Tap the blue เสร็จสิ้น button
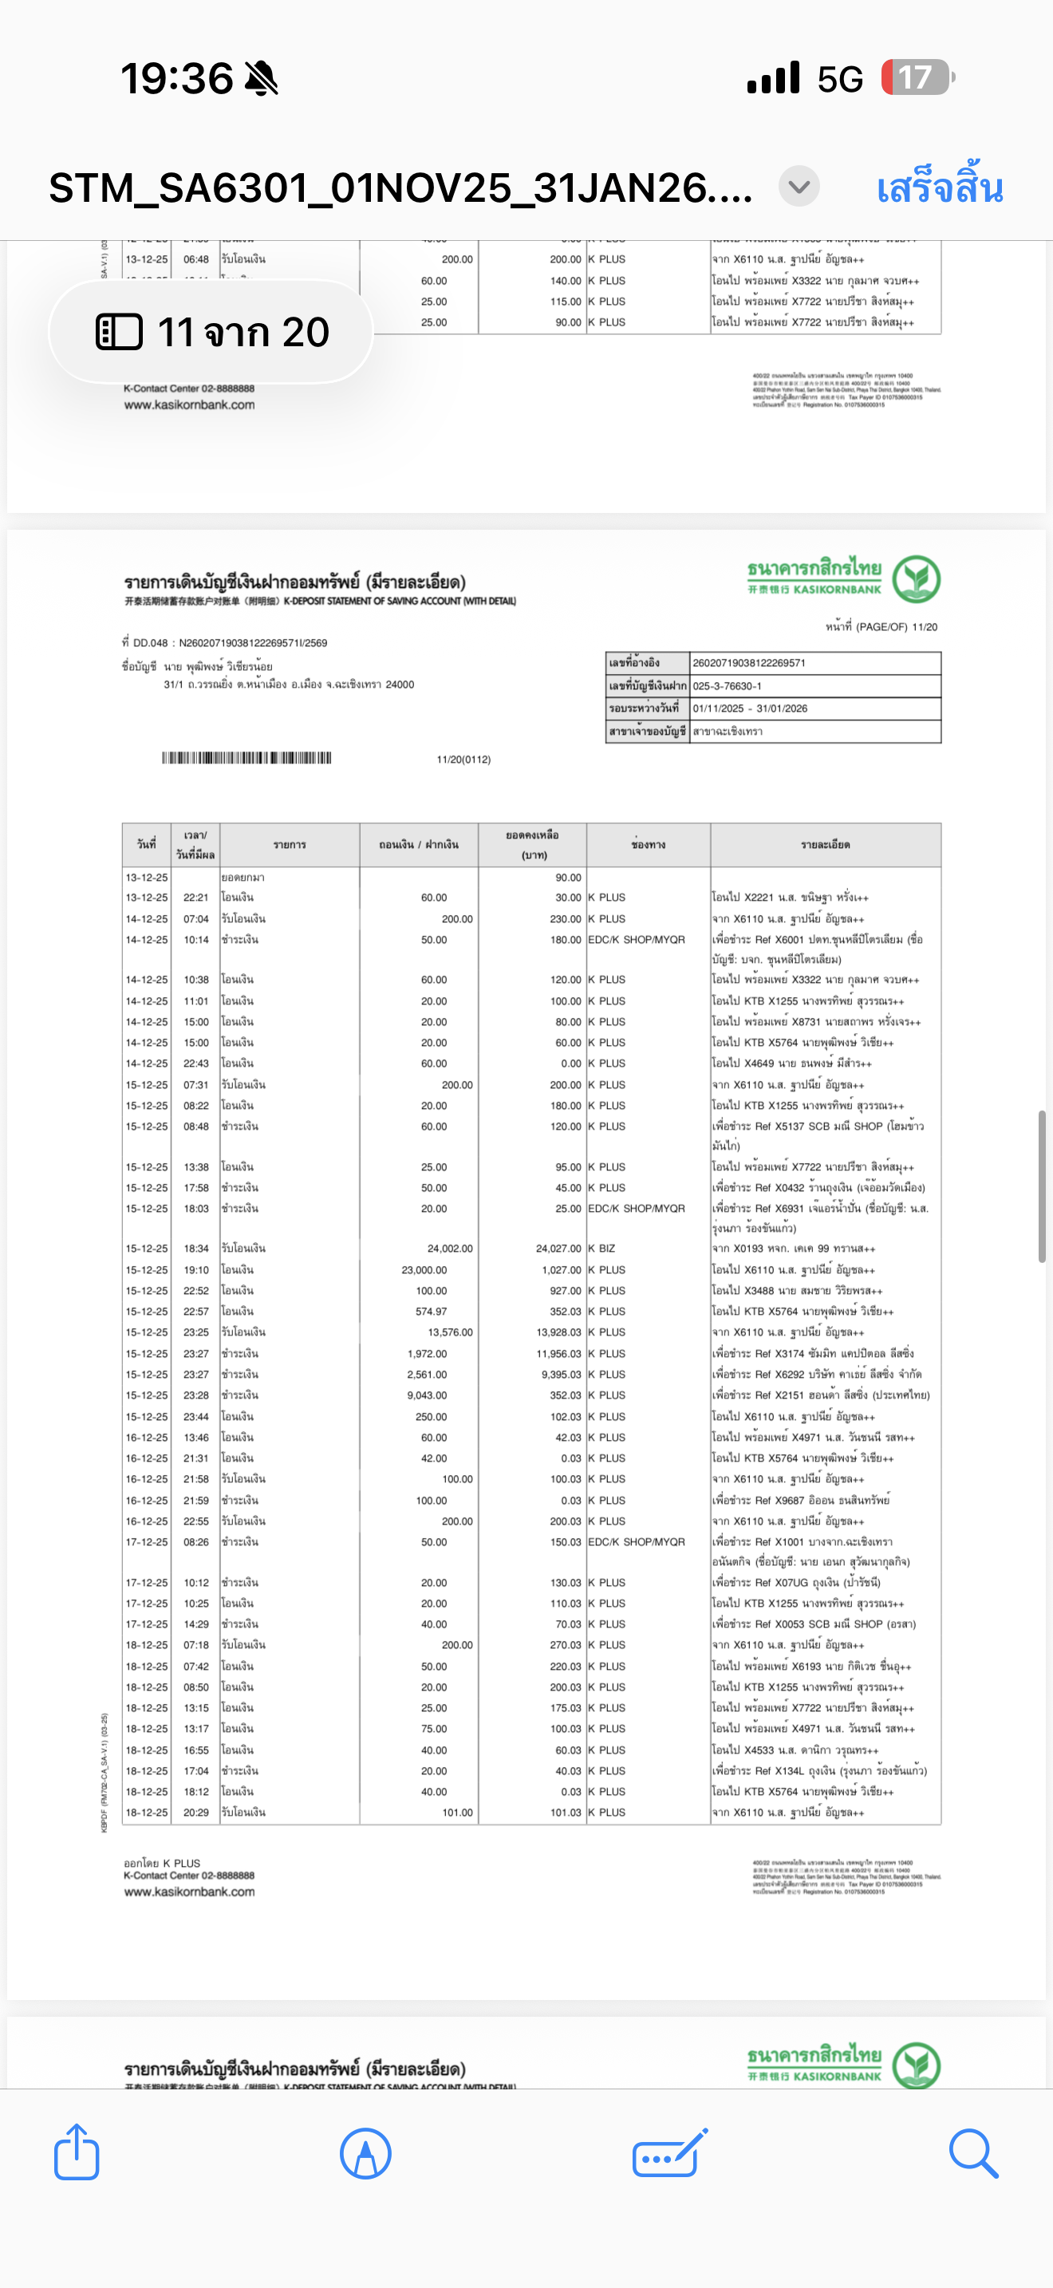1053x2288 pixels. (x=940, y=188)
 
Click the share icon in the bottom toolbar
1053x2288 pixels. (x=77, y=2152)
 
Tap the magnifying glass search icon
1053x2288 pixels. (x=973, y=2152)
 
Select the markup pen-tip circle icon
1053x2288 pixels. (x=365, y=2153)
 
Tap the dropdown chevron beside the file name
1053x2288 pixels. (x=799, y=187)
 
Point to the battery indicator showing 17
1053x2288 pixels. (x=917, y=78)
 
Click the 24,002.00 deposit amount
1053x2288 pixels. (x=449, y=1248)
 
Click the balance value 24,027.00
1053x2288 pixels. (x=558, y=1248)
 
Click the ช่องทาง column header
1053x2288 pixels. (x=648, y=845)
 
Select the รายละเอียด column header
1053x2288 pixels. (x=825, y=845)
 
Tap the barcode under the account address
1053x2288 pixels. (x=246, y=758)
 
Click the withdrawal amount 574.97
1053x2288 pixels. (x=431, y=1311)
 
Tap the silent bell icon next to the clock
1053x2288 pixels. (x=261, y=79)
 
